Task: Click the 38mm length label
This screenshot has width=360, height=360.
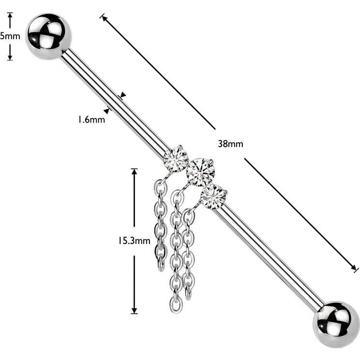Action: pyautogui.click(x=230, y=144)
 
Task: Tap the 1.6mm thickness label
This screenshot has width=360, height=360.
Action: pyautogui.click(x=91, y=120)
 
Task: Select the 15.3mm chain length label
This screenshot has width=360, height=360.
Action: pyautogui.click(x=134, y=240)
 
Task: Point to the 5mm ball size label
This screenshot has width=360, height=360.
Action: pyautogui.click(x=10, y=36)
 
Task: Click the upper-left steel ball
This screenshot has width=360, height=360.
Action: pyautogui.click(x=48, y=36)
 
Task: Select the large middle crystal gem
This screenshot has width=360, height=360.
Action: pyautogui.click(x=200, y=172)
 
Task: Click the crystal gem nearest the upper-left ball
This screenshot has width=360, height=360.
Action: pyautogui.click(x=176, y=159)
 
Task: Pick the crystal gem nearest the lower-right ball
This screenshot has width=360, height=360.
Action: pyautogui.click(x=213, y=197)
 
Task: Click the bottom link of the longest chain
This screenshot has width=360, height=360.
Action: pyautogui.click(x=176, y=305)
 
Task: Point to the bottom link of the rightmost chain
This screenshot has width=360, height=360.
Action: pyautogui.click(x=188, y=293)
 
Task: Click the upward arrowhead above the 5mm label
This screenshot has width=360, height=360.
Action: pyautogui.click(x=10, y=15)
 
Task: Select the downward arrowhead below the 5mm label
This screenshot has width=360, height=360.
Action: pyautogui.click(x=10, y=58)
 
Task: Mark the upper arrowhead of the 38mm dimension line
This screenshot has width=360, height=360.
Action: pyautogui.click(x=104, y=18)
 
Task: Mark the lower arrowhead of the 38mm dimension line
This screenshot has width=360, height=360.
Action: pyautogui.click(x=354, y=268)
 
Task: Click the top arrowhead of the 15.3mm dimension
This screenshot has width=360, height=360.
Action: pyautogui.click(x=135, y=172)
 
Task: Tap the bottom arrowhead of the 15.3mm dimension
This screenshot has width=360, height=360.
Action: pyautogui.click(x=135, y=311)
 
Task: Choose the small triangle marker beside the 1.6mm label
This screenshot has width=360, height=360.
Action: pyautogui.click(x=106, y=111)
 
